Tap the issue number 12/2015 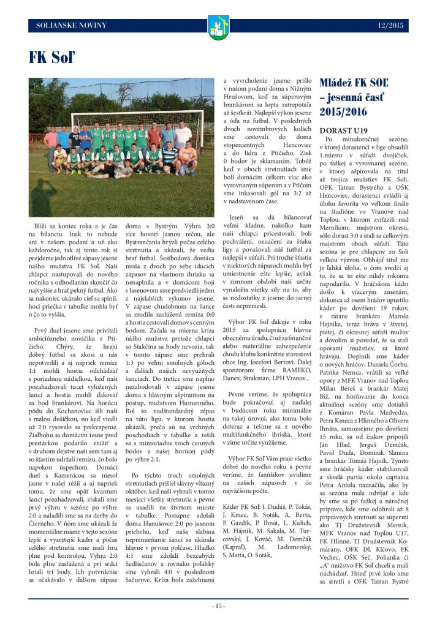[x=391, y=25]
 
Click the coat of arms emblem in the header [x=218, y=28]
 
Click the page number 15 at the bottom [x=218, y=606]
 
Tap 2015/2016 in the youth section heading [x=343, y=112]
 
